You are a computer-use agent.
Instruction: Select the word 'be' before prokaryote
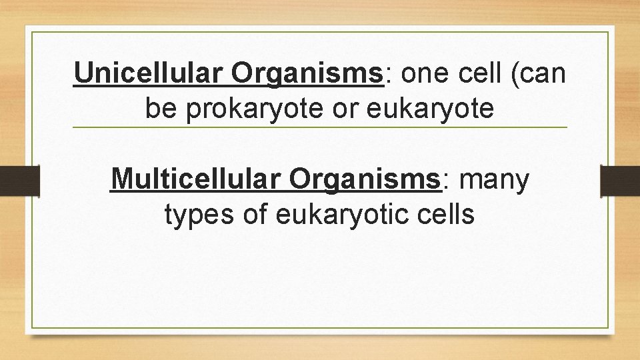coord(161,109)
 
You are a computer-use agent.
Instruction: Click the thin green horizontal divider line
coord(320,127)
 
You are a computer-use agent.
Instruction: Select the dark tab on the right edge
coord(620,180)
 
